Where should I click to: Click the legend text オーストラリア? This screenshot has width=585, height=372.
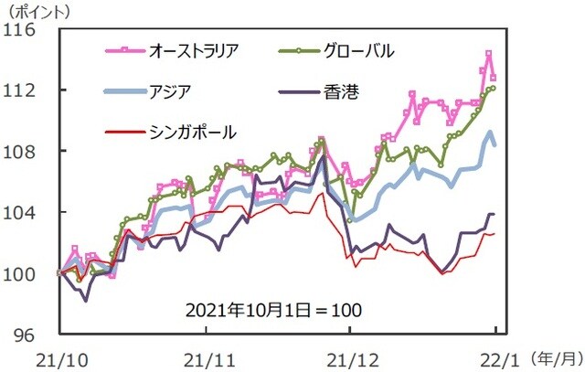pos(194,51)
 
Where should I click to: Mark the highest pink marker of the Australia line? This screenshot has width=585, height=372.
pos(488,54)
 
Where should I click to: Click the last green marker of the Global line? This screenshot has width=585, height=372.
pos(493,88)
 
